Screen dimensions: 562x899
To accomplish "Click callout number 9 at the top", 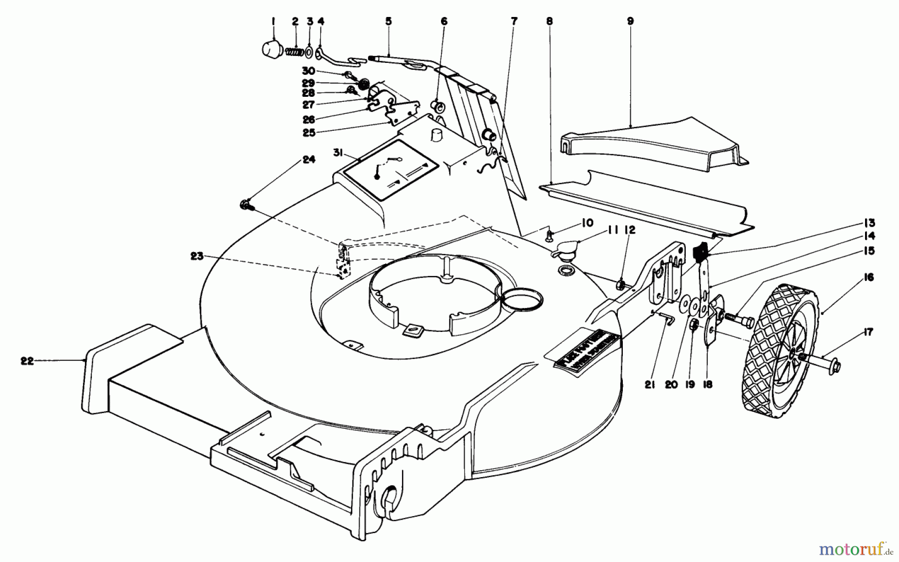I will [630, 21].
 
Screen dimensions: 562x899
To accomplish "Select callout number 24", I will [309, 160].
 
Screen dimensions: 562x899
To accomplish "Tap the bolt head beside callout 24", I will [246, 204].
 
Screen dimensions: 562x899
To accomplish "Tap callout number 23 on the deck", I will [197, 256].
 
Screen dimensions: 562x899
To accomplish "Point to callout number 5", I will [389, 21].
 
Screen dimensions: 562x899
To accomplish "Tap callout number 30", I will [309, 71].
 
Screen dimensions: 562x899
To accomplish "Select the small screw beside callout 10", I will [550, 233].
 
